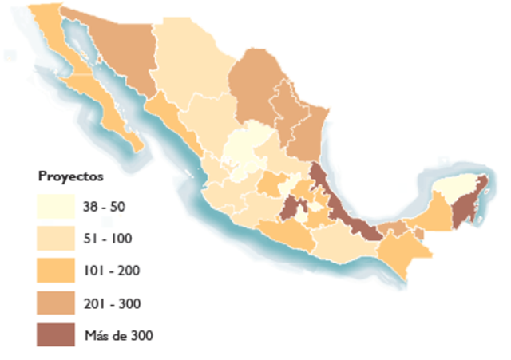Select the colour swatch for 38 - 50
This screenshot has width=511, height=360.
click(x=58, y=207)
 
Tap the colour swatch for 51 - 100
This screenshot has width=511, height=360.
click(x=58, y=238)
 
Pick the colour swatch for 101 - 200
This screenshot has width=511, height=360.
click(x=58, y=270)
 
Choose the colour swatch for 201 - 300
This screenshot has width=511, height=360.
click(x=58, y=303)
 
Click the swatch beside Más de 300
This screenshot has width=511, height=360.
click(x=58, y=334)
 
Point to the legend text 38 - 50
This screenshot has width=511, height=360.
click(x=105, y=207)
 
